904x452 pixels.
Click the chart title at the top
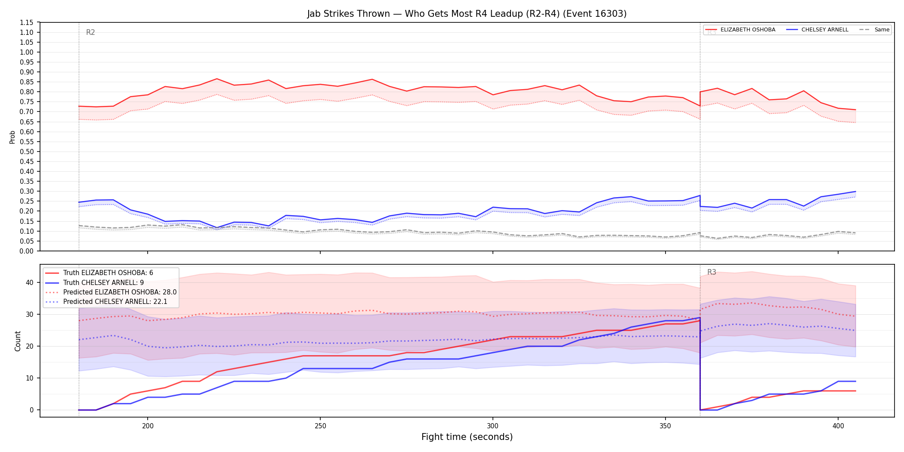click(x=467, y=14)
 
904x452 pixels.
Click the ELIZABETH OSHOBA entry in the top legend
click(x=748, y=30)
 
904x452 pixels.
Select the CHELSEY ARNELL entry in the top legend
click(x=825, y=30)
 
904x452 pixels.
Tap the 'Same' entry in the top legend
click(x=882, y=30)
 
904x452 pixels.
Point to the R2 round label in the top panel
click(x=90, y=32)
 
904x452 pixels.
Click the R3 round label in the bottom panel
click(x=712, y=272)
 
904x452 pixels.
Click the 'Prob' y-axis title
click(x=12, y=137)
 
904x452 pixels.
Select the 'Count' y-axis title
click(x=18, y=341)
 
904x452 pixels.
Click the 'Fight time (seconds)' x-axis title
click(x=467, y=437)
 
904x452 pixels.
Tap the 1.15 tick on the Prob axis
click(x=27, y=22)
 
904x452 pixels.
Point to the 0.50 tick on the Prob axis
click(x=27, y=152)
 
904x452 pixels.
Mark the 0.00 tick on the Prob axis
click(x=27, y=251)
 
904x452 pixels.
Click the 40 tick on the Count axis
click(x=29, y=283)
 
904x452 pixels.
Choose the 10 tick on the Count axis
click(x=29, y=378)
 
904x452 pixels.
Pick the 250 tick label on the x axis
click(x=320, y=426)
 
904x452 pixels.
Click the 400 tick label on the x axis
click(x=838, y=426)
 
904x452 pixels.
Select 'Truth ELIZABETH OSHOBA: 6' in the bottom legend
click(x=108, y=273)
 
